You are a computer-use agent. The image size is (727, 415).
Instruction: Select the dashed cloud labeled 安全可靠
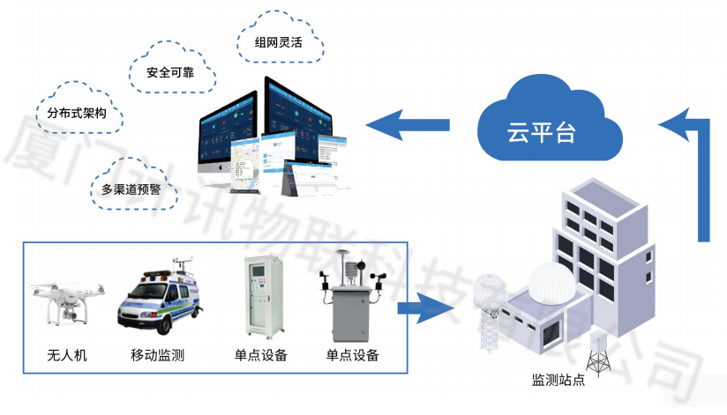pyautogui.click(x=171, y=72)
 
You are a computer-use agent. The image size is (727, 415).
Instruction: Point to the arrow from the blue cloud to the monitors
pyautogui.click(x=408, y=123)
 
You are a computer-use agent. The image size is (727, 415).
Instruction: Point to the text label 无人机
pyautogui.click(x=67, y=356)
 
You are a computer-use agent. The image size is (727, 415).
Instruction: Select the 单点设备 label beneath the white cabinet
pyautogui.click(x=260, y=356)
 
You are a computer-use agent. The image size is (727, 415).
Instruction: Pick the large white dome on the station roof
pyautogui.click(x=552, y=285)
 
